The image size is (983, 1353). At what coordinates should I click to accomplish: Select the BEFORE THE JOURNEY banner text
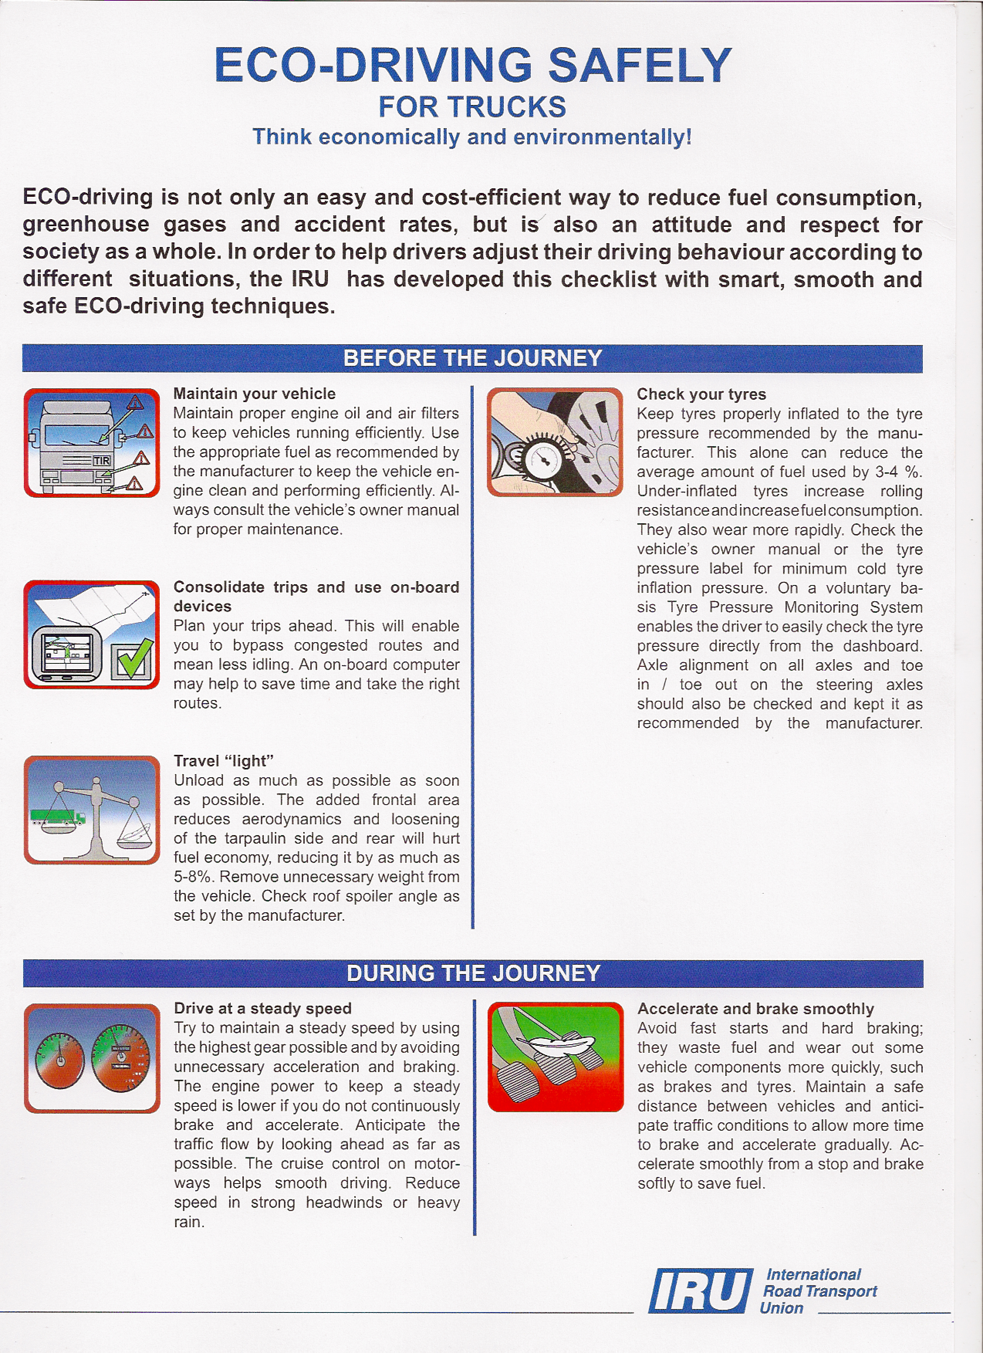pos(473,358)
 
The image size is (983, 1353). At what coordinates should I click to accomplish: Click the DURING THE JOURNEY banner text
pos(473,973)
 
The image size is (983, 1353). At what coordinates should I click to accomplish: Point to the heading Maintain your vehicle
pos(254,394)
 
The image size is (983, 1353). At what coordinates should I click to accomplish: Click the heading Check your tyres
pos(701,394)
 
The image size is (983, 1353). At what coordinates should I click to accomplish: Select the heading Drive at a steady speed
pos(262,1008)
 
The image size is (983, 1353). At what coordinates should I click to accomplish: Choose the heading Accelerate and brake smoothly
pos(755,1009)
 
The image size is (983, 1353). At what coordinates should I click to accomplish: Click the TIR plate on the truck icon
pos(101,460)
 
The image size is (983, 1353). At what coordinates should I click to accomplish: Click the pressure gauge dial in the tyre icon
pos(542,459)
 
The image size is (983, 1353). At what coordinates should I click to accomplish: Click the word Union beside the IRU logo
pos(781,1308)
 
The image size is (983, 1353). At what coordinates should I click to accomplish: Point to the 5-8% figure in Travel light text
pos(194,877)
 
